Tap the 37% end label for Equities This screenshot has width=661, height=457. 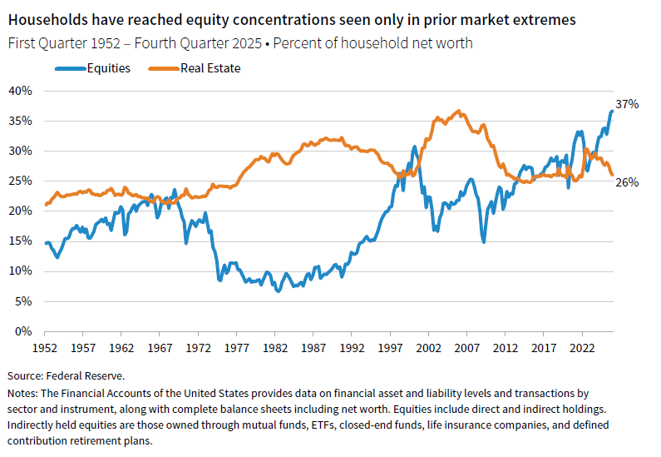point(627,104)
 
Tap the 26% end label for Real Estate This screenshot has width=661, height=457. point(627,181)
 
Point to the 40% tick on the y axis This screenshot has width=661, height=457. point(19,90)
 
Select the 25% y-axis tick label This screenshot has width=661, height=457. point(19,181)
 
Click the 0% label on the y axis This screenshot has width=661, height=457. point(22,331)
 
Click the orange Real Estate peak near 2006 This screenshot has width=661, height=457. point(458,111)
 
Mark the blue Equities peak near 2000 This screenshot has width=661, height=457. point(415,147)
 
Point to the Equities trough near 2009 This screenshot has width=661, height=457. point(483,241)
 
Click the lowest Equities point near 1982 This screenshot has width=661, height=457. point(279,291)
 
